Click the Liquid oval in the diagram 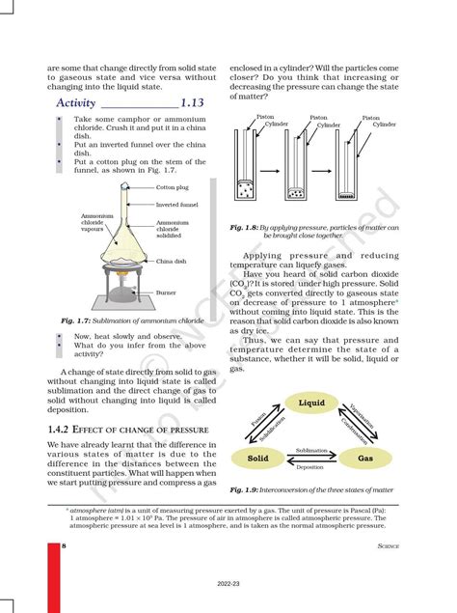coord(311,403)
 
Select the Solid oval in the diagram coord(257,458)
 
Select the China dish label coord(171,261)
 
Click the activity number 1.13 coord(195,102)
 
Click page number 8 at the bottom coord(64,547)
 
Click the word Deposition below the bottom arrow coord(310,467)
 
